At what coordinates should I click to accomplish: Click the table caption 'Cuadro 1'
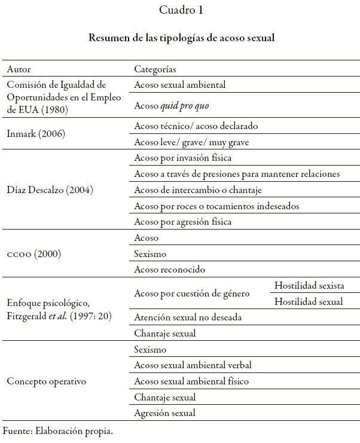[181, 10]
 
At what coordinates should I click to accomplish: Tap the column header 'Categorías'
[155, 69]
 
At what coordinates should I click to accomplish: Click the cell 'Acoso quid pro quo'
[172, 106]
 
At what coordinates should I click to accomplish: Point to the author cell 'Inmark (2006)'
[36, 135]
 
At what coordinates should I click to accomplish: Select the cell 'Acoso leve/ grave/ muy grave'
[191, 142]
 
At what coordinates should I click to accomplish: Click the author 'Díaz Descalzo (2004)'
[50, 190]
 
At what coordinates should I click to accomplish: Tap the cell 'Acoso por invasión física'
[183, 158]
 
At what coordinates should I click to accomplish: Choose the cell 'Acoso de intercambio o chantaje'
[199, 190]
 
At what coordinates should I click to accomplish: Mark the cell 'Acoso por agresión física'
[183, 222]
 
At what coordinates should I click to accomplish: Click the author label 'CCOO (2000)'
[34, 254]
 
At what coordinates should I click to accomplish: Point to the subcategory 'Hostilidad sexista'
[309, 286]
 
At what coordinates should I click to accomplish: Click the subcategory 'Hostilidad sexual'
[309, 302]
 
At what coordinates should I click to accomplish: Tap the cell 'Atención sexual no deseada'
[188, 317]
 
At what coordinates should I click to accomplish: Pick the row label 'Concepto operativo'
[47, 381]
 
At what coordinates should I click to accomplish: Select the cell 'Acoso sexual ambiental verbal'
[193, 365]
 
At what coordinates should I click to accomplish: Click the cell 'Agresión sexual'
[164, 413]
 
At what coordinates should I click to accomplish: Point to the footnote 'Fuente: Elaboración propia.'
[58, 430]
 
